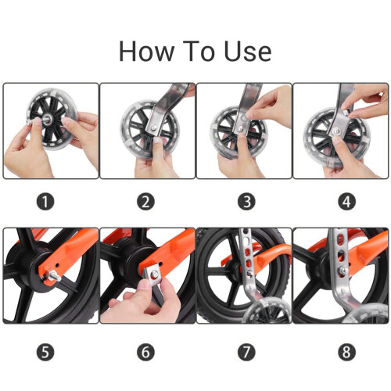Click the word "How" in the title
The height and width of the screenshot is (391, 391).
click(146, 52)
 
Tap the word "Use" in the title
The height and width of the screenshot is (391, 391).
click(248, 52)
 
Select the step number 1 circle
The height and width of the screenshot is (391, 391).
click(45, 202)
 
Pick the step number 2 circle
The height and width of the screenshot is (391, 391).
click(145, 202)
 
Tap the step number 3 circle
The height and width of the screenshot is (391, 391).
click(246, 202)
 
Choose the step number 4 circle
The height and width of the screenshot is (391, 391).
click(346, 202)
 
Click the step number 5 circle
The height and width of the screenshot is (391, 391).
click(45, 352)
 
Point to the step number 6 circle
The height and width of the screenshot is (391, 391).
click(145, 352)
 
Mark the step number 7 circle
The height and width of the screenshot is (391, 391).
click(246, 352)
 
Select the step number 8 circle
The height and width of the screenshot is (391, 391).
click(346, 352)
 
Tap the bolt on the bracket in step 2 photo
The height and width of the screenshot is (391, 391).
click(154, 127)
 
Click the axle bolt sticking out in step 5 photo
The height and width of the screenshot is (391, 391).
click(53, 275)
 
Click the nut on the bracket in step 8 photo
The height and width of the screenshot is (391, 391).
click(344, 271)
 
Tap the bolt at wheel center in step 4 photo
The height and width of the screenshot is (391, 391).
click(336, 131)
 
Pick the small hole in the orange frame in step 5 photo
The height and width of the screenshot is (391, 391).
click(57, 267)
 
